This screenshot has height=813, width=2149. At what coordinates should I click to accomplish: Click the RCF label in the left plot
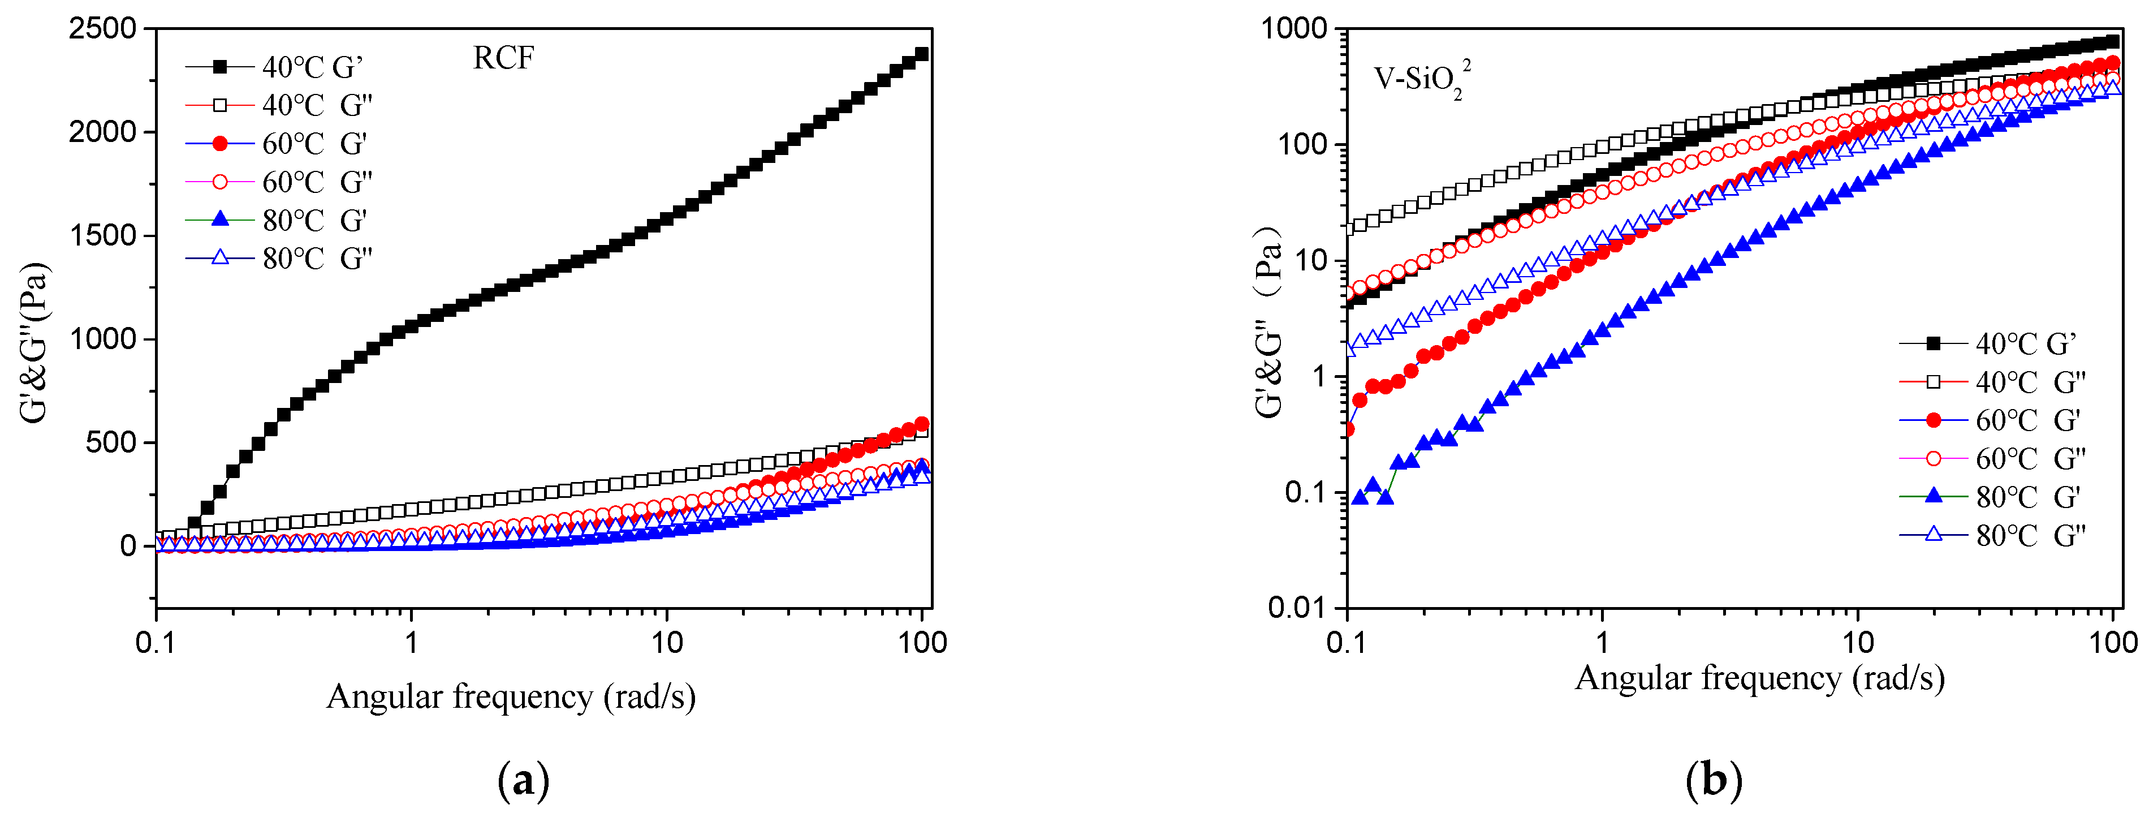503,58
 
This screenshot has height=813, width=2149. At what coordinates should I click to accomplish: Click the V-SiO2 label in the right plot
1421,79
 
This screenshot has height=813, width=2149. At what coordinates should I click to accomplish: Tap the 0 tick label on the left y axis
128,547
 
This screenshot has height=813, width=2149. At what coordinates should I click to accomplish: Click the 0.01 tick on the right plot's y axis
1296,608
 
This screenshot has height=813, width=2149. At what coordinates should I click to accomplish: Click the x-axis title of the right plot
1759,678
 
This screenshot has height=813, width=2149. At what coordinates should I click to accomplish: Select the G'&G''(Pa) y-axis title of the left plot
35,342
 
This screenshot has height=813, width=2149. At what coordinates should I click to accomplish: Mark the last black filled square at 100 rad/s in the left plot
922,55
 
